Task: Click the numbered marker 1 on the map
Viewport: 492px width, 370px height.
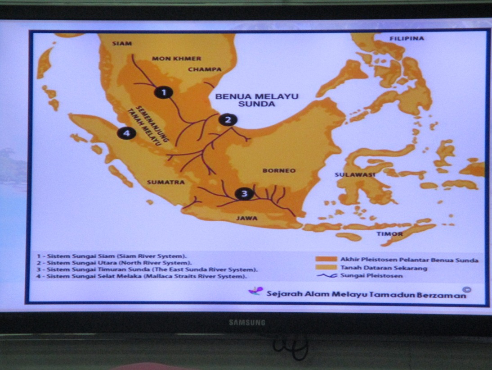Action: coord(164,92)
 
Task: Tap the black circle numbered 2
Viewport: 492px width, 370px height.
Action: coord(228,119)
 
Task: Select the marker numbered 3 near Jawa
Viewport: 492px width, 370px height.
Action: coord(244,194)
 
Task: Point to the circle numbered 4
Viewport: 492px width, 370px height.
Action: coord(126,133)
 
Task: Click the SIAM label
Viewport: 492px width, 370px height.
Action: coord(122,43)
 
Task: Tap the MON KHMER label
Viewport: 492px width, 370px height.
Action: coord(176,59)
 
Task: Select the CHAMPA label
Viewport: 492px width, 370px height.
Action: coord(205,69)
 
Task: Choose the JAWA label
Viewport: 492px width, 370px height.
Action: coord(247,219)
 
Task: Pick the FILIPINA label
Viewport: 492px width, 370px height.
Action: coord(407,38)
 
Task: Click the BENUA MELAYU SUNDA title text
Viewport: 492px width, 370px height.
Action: coord(256,100)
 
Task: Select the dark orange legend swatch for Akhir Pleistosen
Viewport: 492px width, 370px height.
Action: coord(326,260)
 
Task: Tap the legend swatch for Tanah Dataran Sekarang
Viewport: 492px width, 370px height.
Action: coord(326,268)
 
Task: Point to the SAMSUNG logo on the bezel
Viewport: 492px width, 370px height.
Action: coord(247,323)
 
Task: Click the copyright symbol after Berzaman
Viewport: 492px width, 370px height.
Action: coord(468,290)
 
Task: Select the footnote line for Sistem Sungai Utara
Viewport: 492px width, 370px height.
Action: coord(114,262)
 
